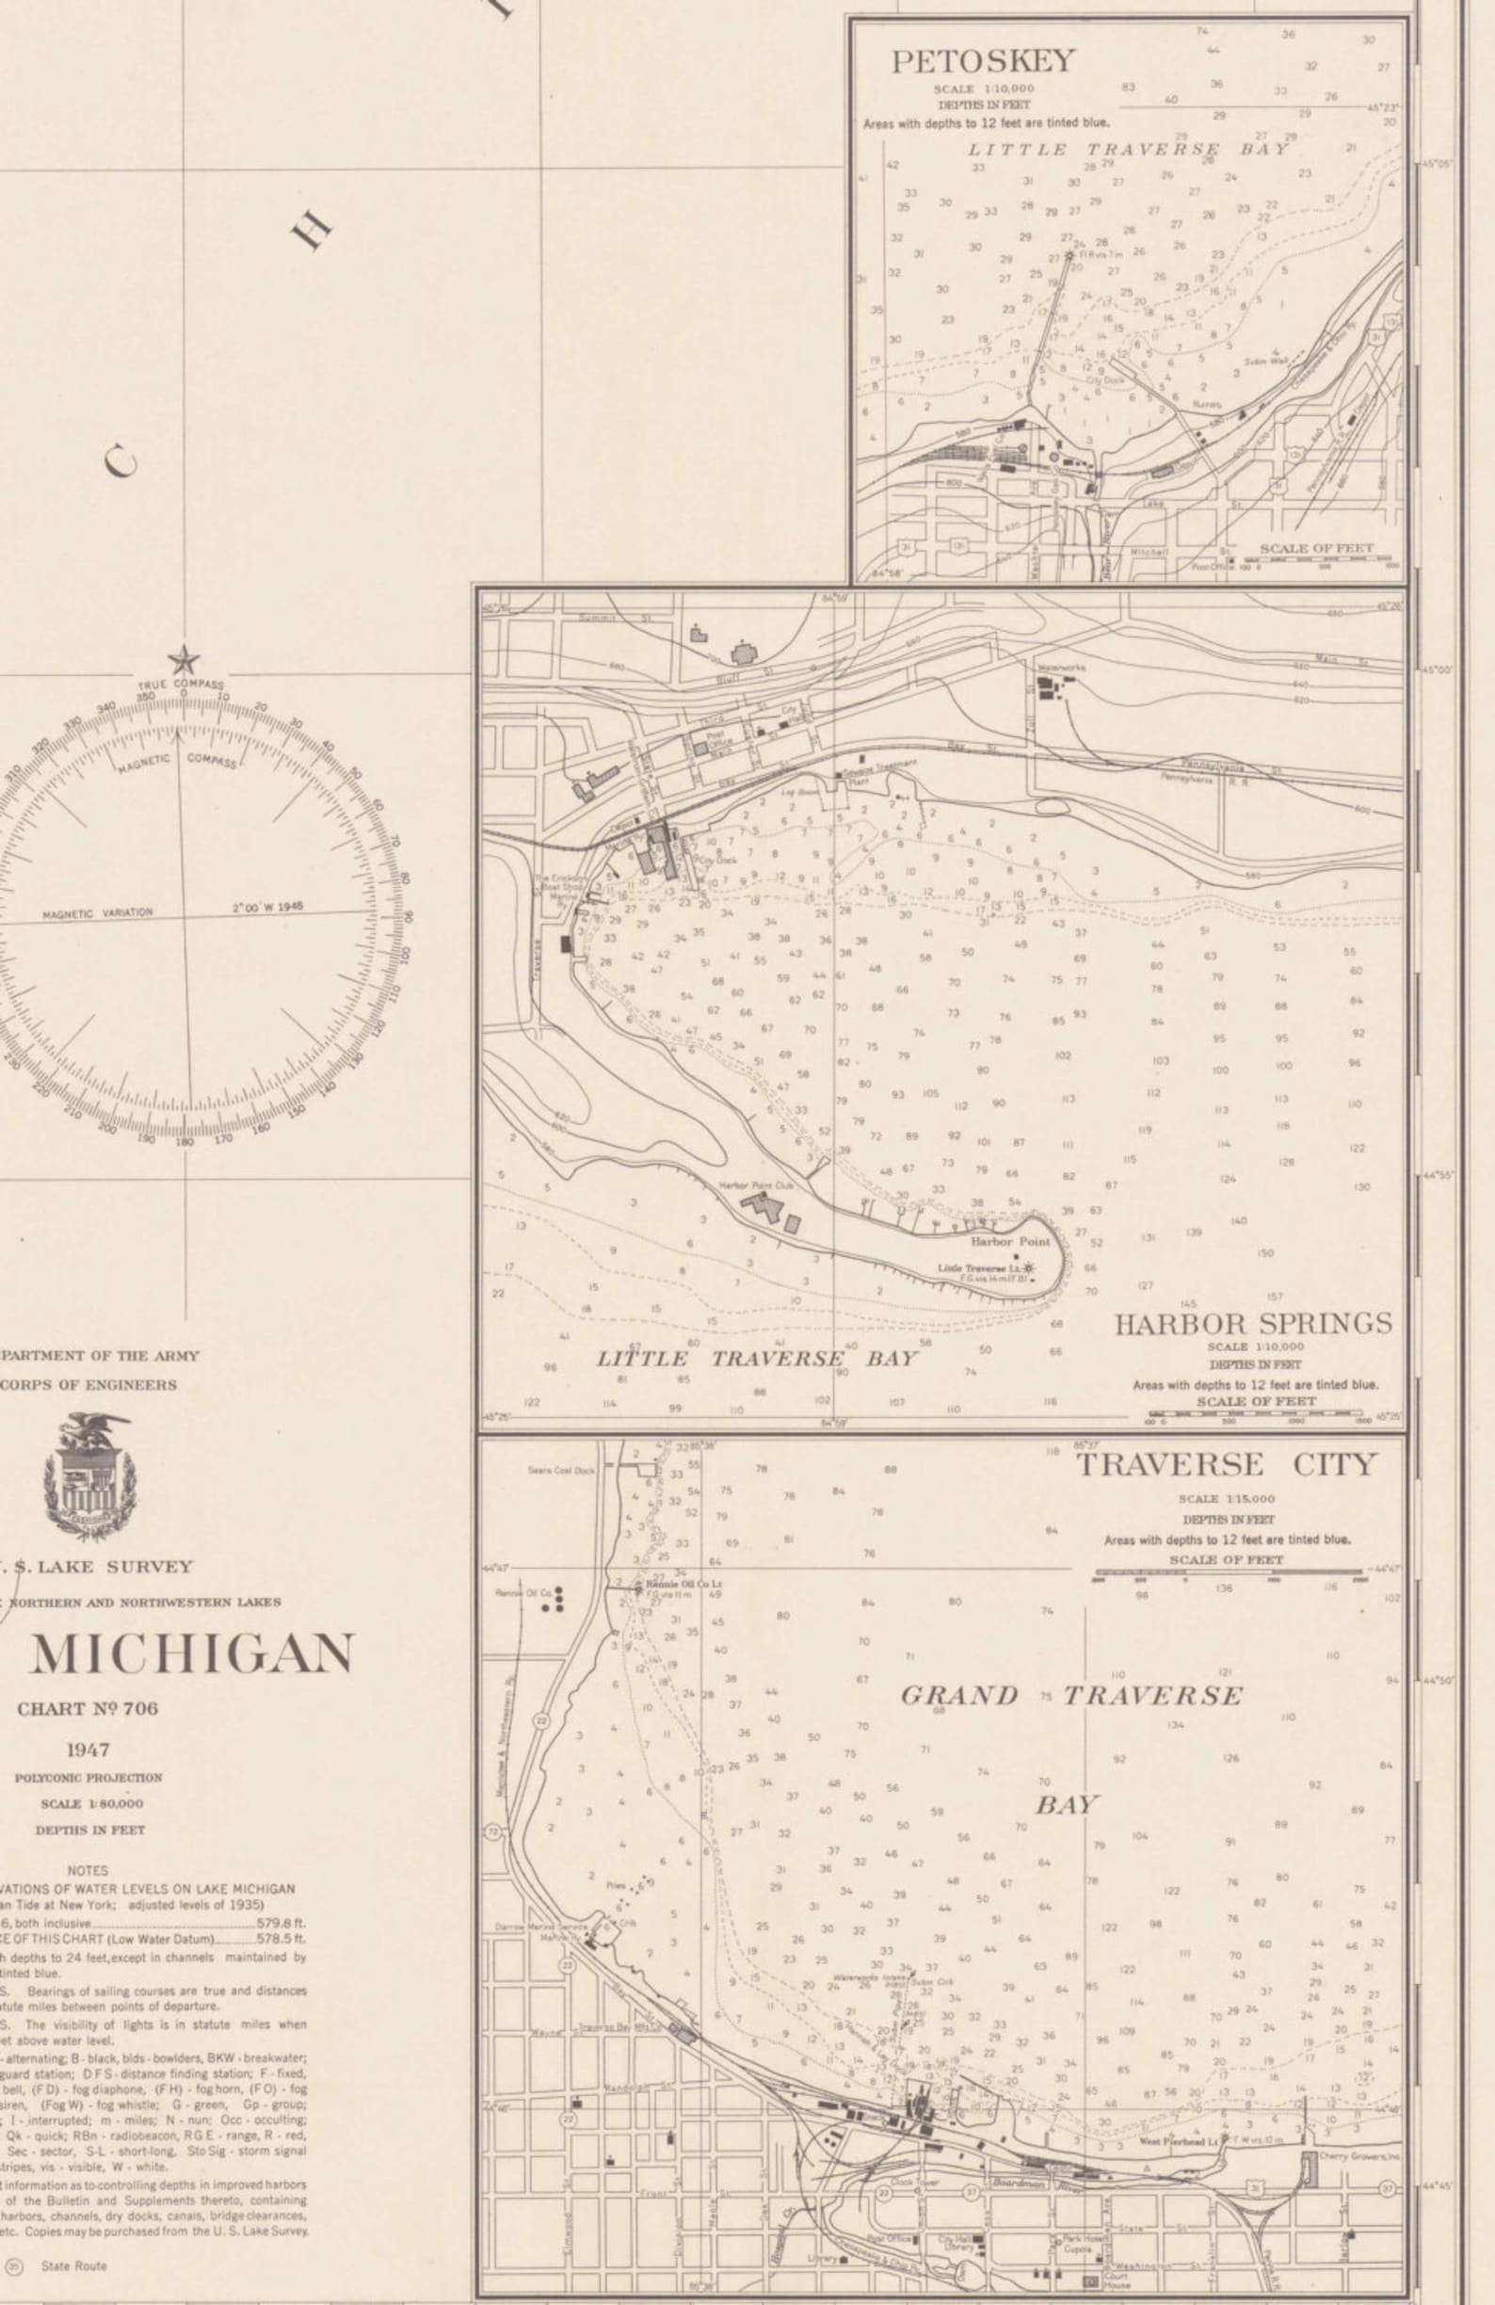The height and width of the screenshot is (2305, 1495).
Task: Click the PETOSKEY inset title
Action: coord(983,61)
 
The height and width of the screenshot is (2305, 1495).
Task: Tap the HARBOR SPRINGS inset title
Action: coord(1254,1324)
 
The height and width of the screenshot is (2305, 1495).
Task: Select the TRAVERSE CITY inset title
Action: coord(1226,1464)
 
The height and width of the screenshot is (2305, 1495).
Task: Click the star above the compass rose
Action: coord(183,662)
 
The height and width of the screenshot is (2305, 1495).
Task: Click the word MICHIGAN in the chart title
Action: coord(191,1654)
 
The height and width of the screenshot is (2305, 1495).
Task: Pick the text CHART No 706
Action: coord(88,1708)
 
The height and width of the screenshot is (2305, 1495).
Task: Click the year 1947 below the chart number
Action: coord(88,1750)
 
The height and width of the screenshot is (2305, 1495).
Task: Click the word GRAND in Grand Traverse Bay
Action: coord(959,1696)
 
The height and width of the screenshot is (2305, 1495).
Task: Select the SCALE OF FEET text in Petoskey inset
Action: coord(1316,548)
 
